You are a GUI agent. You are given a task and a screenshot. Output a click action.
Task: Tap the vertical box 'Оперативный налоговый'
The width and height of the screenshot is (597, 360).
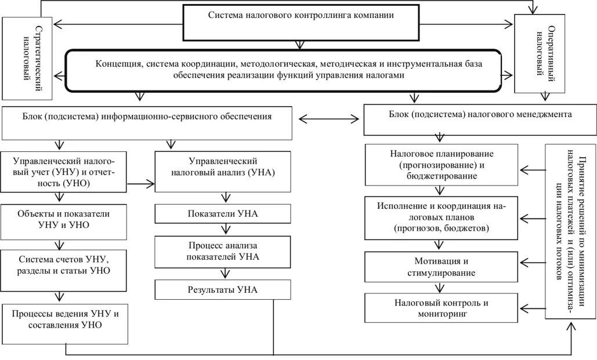[539, 53]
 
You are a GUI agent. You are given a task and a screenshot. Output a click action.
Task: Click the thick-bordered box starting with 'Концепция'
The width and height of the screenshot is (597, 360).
[283, 70]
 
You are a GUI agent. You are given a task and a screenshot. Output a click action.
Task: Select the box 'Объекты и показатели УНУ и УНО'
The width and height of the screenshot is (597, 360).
[63, 219]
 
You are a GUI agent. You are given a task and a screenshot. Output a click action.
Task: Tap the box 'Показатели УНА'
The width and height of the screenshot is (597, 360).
[223, 214]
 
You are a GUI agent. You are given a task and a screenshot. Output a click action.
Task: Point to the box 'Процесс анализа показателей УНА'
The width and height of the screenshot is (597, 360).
[223, 252]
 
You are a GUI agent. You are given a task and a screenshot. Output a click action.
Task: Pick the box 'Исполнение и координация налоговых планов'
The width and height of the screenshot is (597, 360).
[441, 218]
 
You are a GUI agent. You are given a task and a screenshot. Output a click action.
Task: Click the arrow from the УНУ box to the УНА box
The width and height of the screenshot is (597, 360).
[141, 184]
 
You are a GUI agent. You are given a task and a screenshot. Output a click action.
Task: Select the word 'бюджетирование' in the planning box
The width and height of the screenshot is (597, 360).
[442, 176]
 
